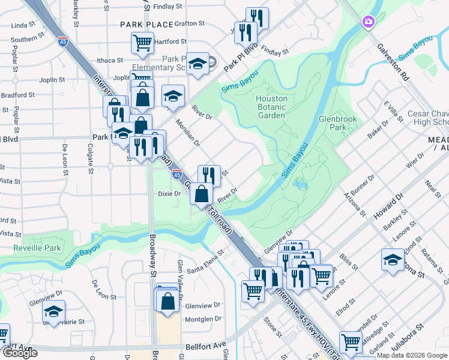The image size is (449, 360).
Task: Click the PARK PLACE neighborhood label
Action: click(x=142, y=25)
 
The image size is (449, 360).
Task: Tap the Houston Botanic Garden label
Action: click(x=271, y=103)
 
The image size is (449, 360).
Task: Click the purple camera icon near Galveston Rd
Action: click(x=368, y=22)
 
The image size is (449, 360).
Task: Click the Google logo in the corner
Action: click(x=19, y=352)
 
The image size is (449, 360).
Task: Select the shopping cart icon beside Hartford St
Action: click(x=142, y=42)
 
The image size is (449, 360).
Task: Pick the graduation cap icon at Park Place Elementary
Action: click(x=196, y=62)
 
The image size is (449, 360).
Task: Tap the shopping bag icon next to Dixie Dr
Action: click(x=202, y=193)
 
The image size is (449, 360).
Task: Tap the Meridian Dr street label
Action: click(x=187, y=132)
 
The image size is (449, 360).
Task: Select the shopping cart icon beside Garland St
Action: click(x=351, y=341)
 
